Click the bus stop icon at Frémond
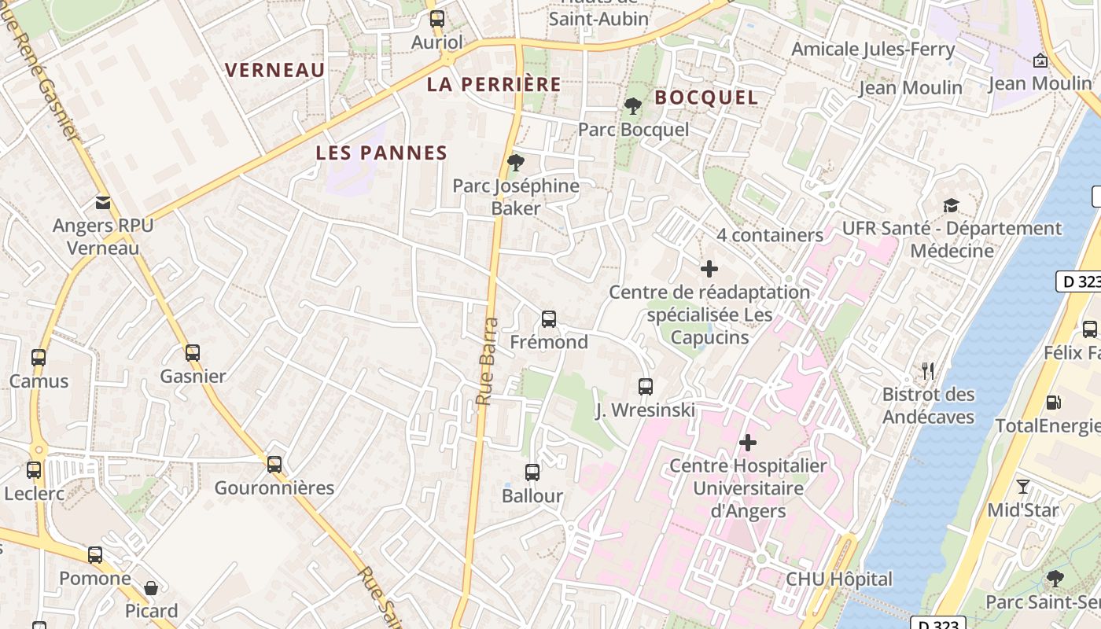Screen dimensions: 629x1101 tap(549, 319)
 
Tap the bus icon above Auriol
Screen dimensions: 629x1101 tap(437, 19)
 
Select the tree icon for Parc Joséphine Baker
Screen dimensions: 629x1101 tap(515, 163)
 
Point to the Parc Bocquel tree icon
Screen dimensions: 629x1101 tap(632, 106)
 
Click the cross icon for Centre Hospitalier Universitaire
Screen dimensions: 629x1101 tap(748, 443)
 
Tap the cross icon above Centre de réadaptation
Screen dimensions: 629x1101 tap(709, 269)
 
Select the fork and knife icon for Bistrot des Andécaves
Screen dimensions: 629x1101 tap(928, 371)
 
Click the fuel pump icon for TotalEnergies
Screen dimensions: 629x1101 tap(1053, 403)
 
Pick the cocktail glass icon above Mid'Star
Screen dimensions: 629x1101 tap(1023, 487)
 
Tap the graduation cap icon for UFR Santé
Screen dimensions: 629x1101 tap(952, 205)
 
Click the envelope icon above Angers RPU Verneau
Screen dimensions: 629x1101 tap(103, 203)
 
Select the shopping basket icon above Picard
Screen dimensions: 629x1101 tap(151, 588)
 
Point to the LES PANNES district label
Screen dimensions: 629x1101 tap(381, 153)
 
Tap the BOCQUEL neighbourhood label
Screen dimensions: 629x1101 tap(706, 97)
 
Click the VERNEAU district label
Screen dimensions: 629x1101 tap(275, 70)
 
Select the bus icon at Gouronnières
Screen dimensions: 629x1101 tap(274, 465)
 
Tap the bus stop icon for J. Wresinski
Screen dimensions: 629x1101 tap(646, 387)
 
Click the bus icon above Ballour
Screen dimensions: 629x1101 tap(532, 473)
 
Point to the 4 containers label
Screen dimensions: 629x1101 tap(769, 235)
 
